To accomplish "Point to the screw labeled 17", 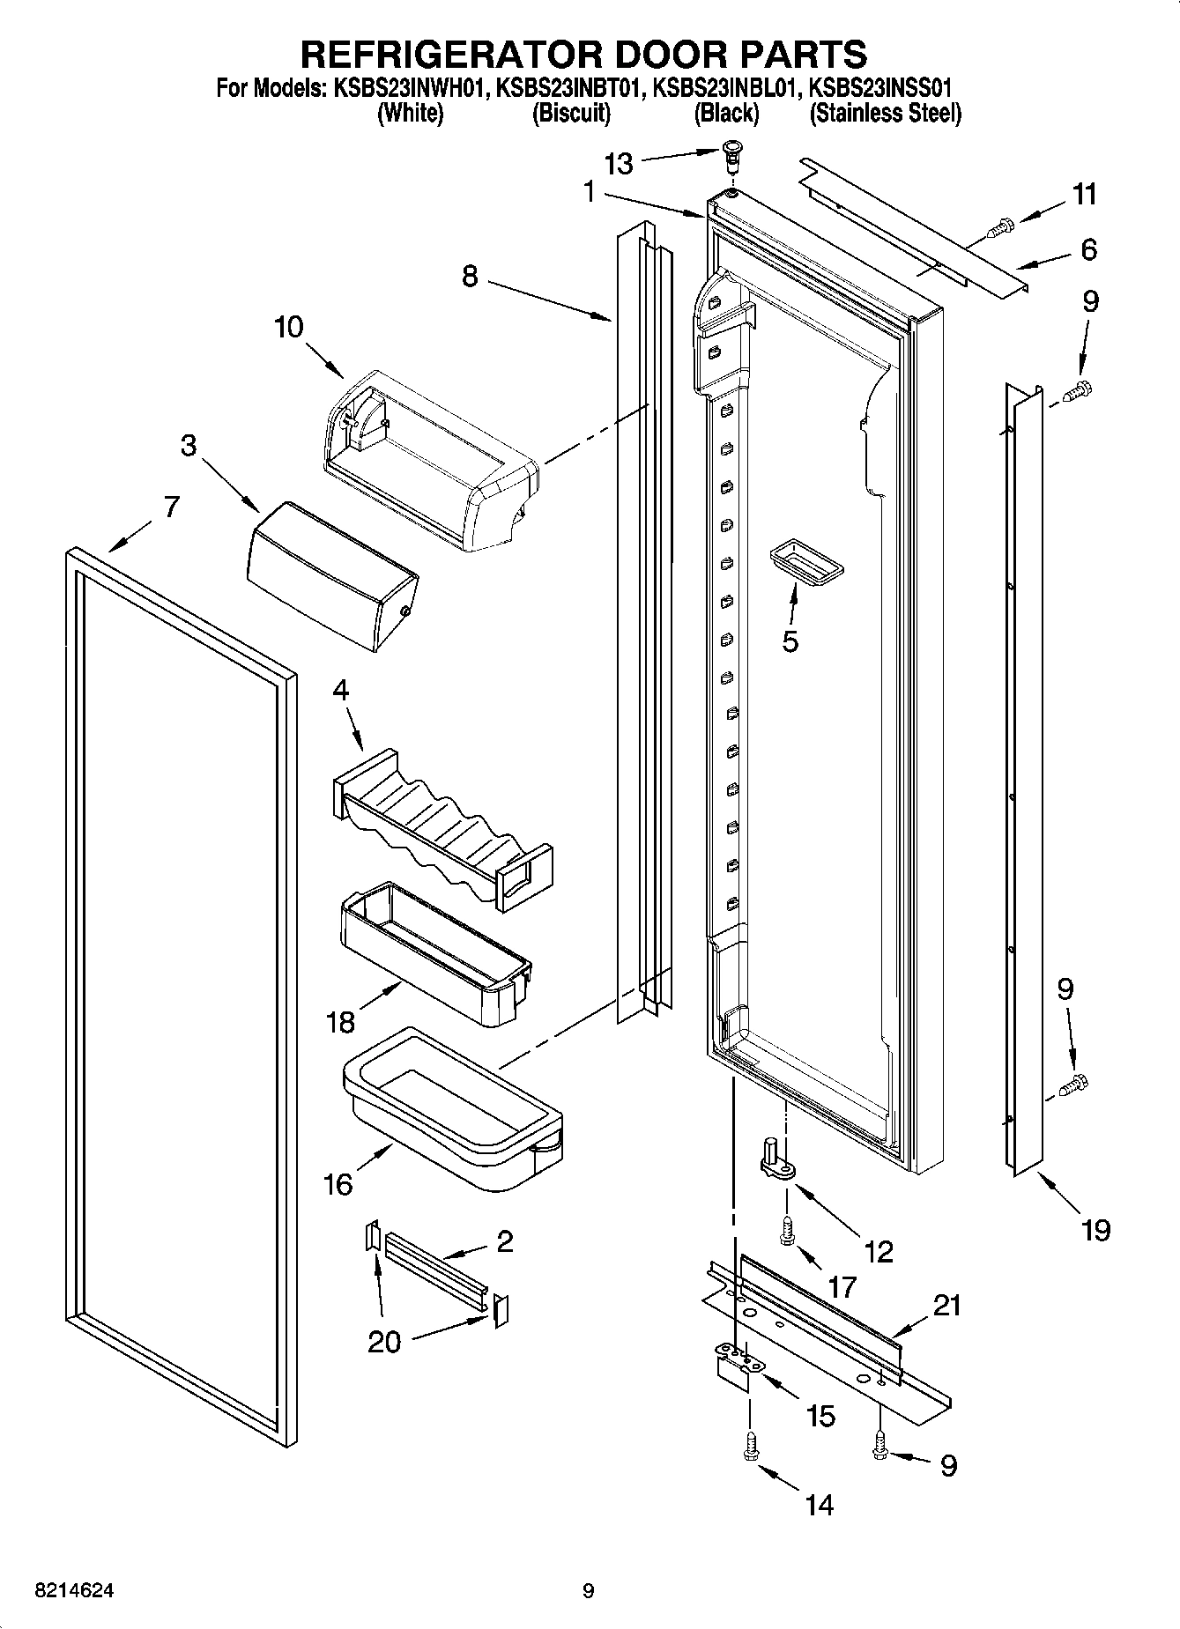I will click(787, 1229).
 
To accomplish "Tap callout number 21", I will click(947, 1306).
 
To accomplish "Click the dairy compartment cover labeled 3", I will click(332, 575).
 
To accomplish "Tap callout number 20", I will click(383, 1342).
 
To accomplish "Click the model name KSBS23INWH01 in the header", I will click(409, 88).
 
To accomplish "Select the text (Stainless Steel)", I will click(884, 113).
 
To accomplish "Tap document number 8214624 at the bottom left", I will click(74, 1590).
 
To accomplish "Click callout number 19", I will click(1095, 1230).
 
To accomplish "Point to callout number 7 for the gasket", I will click(171, 507).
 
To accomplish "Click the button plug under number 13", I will click(731, 155).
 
